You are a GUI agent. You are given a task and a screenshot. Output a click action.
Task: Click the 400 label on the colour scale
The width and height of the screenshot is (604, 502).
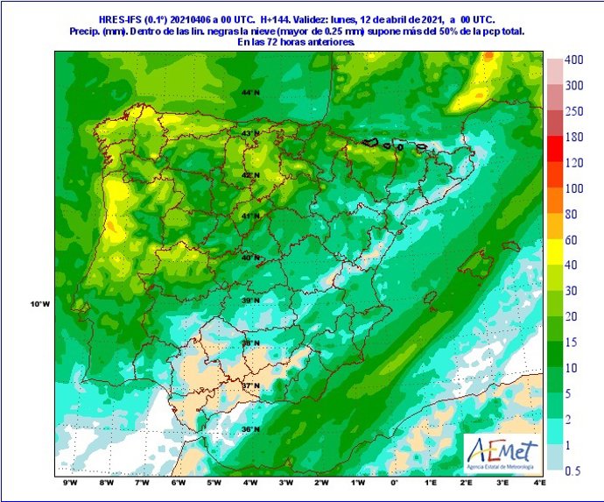point(573,60)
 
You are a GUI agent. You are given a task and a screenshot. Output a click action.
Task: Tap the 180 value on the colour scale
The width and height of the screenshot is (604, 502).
point(573,137)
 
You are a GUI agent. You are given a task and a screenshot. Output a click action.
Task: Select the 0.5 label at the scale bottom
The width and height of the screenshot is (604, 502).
point(573,470)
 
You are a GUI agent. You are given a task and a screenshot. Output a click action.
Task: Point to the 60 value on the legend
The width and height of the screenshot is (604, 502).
point(573,239)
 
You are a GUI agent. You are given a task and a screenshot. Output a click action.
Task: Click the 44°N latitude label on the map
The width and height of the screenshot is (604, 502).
point(252,92)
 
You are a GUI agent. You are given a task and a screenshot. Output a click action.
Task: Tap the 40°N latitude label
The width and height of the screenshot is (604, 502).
point(252,258)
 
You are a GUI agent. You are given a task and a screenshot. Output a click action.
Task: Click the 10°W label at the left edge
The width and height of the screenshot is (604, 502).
point(39,304)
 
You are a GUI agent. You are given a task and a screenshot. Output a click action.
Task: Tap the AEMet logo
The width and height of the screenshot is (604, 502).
point(500,454)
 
